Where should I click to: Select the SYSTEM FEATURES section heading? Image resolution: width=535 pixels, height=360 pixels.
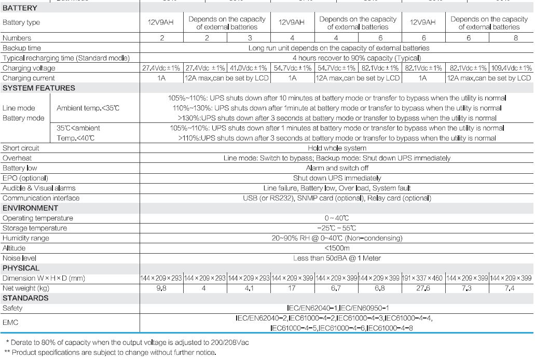coord(39,88)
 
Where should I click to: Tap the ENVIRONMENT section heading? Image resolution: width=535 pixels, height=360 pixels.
coord(30,208)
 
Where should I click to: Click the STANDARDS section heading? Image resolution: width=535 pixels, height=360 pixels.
coord(25,298)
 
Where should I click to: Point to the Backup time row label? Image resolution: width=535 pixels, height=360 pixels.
coord(21,48)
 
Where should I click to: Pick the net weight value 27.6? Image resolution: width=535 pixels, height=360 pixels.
coord(423,288)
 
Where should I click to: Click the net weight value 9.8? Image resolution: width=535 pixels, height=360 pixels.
coord(161,288)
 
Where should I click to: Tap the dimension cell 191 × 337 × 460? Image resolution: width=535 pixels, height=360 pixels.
coord(423,279)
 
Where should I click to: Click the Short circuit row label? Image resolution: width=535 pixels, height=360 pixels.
coord(21,148)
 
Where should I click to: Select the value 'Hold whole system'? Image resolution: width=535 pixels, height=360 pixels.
coord(336,148)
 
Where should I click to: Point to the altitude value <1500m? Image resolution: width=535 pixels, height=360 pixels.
coord(336,248)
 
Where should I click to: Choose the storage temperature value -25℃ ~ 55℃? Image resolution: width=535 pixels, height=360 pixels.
coord(336,228)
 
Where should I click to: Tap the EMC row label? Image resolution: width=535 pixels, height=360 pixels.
coord(10,323)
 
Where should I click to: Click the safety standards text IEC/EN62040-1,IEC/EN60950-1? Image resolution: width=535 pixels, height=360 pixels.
coord(336,309)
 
